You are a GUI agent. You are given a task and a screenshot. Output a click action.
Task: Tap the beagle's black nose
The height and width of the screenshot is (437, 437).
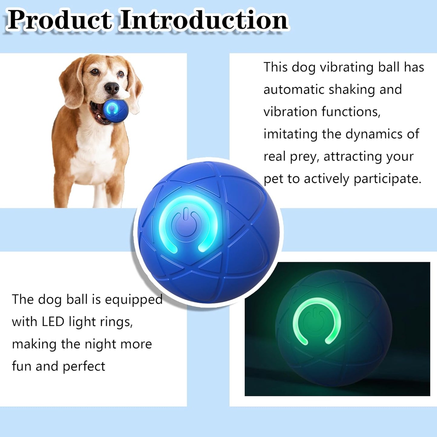tap(112, 88)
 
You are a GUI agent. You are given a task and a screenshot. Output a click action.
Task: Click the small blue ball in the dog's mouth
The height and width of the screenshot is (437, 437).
tap(115, 110)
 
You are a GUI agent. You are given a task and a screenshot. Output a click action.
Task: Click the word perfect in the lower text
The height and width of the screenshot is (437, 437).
tap(84, 367)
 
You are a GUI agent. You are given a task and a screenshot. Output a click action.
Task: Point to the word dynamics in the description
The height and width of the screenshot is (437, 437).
tap(373, 134)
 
